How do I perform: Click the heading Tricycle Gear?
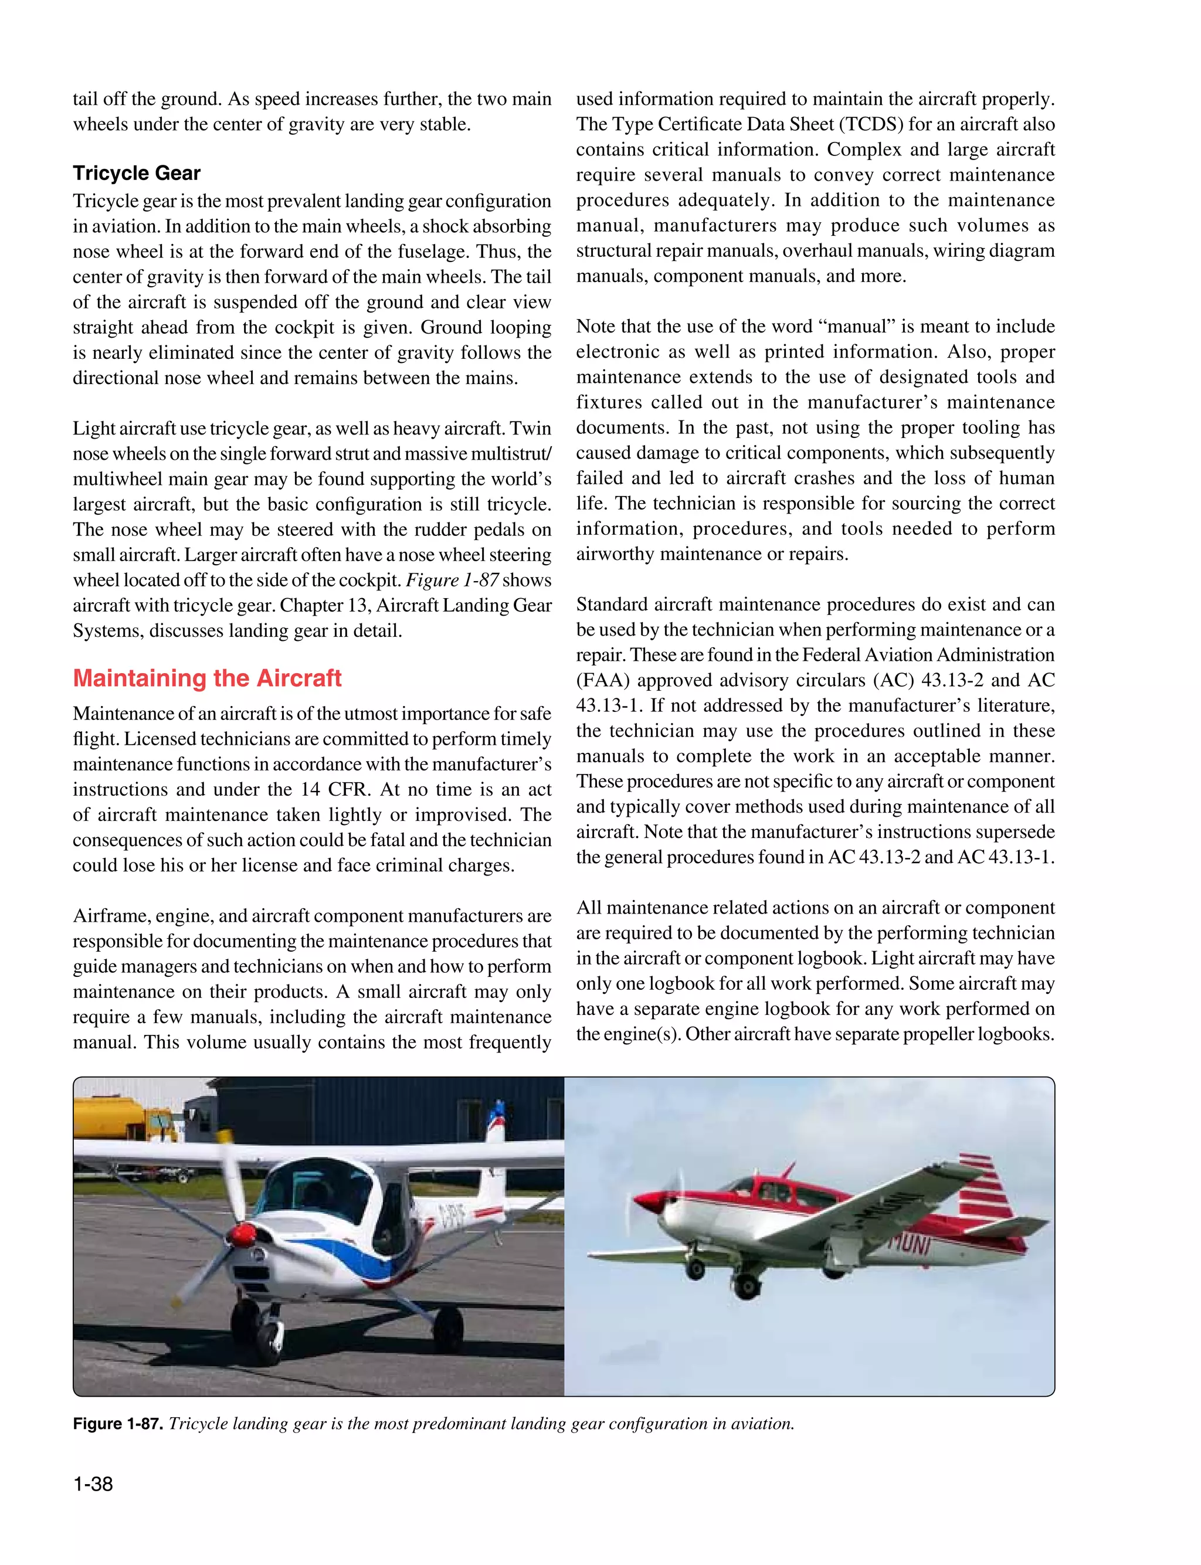tap(137, 173)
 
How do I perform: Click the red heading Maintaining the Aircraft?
tap(208, 677)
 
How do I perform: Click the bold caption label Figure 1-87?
tap(118, 1424)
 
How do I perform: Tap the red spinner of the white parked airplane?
tap(243, 1234)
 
